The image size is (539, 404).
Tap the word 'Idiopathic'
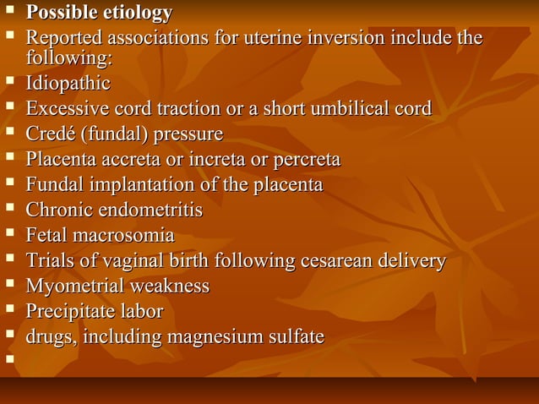(x=68, y=84)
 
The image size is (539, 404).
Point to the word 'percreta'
(x=306, y=159)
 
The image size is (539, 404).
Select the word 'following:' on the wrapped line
(x=68, y=57)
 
